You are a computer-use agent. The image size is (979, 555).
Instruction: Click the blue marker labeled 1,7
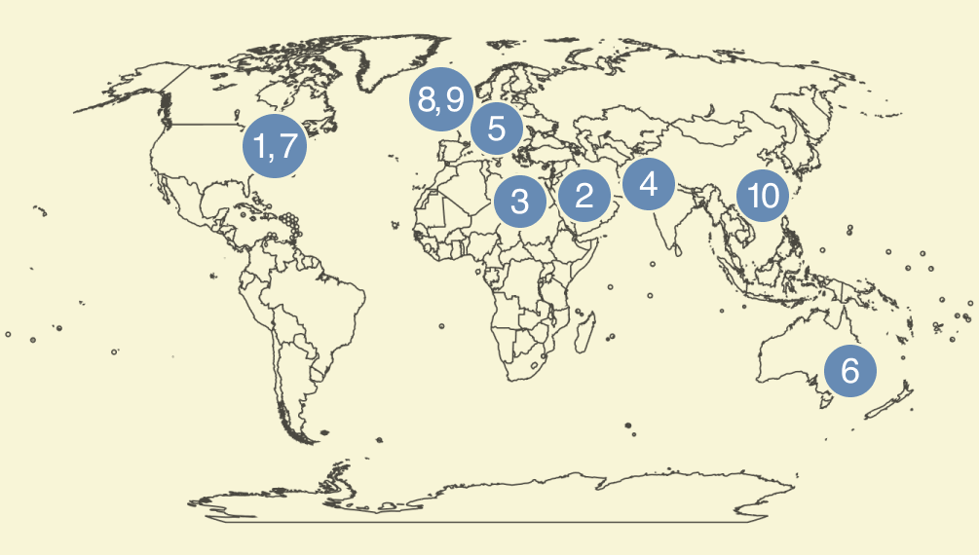pyautogui.click(x=275, y=146)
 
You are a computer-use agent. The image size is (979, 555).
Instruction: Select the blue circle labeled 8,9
pyautogui.click(x=440, y=99)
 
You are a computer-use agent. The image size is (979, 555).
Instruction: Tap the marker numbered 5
pyautogui.click(x=497, y=129)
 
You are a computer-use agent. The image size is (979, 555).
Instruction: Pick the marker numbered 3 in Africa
pyautogui.click(x=520, y=202)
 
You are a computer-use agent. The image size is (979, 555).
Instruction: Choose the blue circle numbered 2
pyautogui.click(x=584, y=196)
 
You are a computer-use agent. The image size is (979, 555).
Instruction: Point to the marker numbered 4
pyautogui.click(x=649, y=183)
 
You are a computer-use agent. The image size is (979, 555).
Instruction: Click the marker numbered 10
pyautogui.click(x=763, y=196)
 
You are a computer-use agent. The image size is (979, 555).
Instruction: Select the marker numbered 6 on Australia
pyautogui.click(x=849, y=371)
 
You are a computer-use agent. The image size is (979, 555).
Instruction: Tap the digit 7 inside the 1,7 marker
pyautogui.click(x=287, y=146)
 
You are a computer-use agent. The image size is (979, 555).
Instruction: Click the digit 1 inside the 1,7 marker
pyautogui.click(x=261, y=146)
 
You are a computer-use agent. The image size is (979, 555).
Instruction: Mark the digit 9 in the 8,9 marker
pyautogui.click(x=453, y=99)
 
